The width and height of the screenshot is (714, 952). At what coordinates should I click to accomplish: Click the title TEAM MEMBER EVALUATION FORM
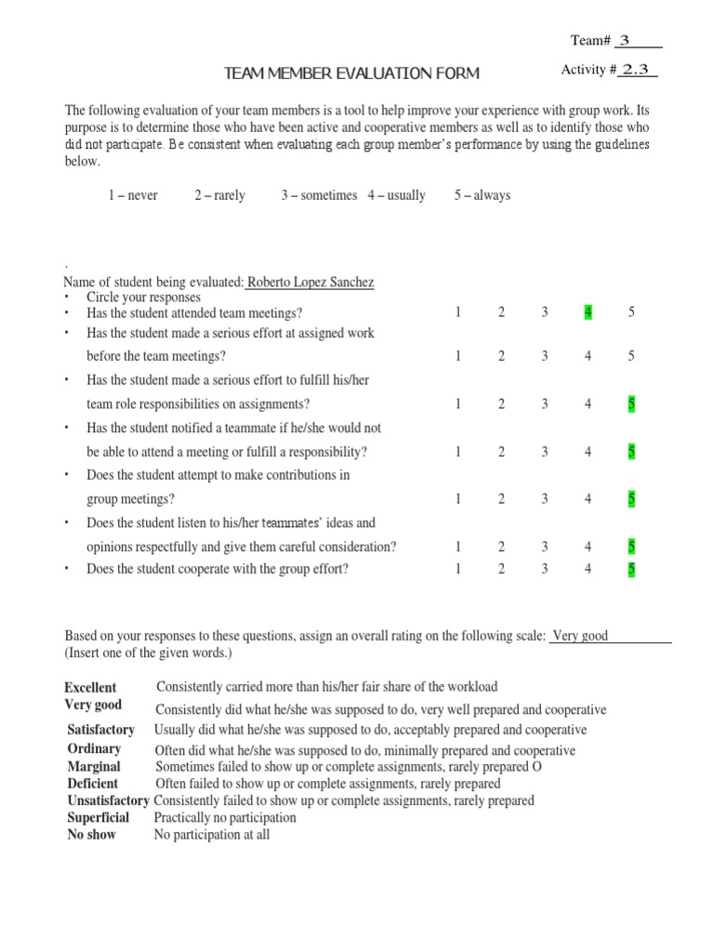tap(353, 73)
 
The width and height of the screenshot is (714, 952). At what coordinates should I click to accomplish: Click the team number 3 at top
tap(625, 40)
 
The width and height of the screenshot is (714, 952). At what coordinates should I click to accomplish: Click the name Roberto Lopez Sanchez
tap(311, 282)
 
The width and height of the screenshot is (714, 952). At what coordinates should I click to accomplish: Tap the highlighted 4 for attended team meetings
tap(588, 312)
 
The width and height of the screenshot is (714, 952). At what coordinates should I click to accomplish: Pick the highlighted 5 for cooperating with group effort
tap(631, 569)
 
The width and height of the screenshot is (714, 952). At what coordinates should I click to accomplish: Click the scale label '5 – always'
tap(482, 195)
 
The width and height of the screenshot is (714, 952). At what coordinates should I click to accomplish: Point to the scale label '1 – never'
tap(133, 195)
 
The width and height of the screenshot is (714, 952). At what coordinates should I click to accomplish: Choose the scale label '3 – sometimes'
tap(319, 195)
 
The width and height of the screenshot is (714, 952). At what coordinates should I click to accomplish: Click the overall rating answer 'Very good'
tap(580, 636)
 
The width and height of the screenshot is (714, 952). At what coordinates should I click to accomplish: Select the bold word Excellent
tap(90, 688)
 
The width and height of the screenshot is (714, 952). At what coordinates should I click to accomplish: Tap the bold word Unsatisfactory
tap(108, 800)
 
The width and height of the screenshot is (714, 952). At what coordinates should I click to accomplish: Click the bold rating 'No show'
tap(92, 835)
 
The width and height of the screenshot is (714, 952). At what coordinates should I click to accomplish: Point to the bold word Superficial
tap(98, 818)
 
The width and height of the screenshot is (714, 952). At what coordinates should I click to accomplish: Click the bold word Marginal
tap(94, 767)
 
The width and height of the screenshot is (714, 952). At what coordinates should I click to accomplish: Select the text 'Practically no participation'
tap(225, 818)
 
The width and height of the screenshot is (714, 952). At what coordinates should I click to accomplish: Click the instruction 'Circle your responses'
tap(143, 297)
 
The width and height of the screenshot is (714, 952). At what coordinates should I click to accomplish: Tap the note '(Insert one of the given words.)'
tap(147, 653)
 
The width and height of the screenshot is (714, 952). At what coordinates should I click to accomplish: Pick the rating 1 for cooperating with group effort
tap(458, 569)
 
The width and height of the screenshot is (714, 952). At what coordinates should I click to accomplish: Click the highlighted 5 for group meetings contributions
tap(631, 499)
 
